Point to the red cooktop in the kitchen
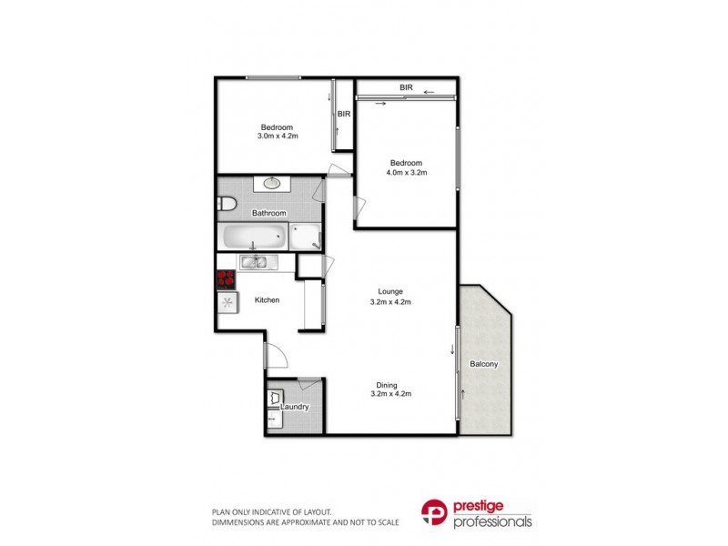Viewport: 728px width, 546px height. pyautogui.click(x=227, y=280)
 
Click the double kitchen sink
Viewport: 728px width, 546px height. pyautogui.click(x=254, y=263)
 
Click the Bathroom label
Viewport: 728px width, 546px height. pyautogui.click(x=269, y=214)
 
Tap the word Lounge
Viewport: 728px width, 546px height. pyautogui.click(x=391, y=291)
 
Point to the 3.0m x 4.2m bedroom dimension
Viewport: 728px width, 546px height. pyautogui.click(x=278, y=136)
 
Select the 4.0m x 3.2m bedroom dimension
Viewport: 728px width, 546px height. pyautogui.click(x=406, y=172)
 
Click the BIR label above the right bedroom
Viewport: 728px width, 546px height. pyautogui.click(x=406, y=87)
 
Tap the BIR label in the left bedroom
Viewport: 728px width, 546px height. pyautogui.click(x=344, y=114)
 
